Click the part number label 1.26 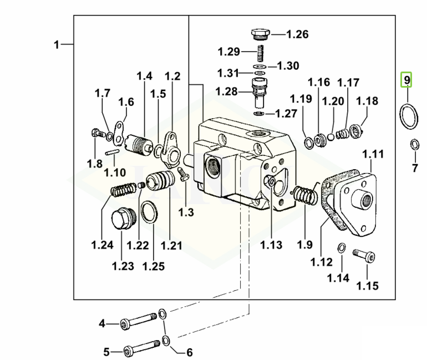pos(297,34)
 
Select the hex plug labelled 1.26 pos(260,34)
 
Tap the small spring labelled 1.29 pos(261,53)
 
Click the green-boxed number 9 pos(406,80)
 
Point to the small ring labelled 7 pos(414,144)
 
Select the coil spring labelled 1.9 pos(305,194)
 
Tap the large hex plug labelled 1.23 pos(123,219)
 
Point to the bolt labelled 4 pos(139,322)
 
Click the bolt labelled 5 pos(142,348)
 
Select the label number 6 pos(189,352)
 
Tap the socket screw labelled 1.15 pos(364,256)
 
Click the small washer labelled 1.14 pos(342,248)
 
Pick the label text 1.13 pos(271,245)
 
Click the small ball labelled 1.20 pos(331,136)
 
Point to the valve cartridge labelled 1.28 pos(260,93)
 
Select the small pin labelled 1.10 pos(111,152)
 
